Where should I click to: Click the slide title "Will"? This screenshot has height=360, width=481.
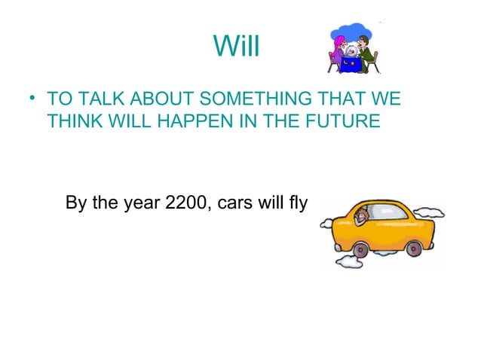pos(236,47)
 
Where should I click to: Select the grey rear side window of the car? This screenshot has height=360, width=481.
pos(402,215)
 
